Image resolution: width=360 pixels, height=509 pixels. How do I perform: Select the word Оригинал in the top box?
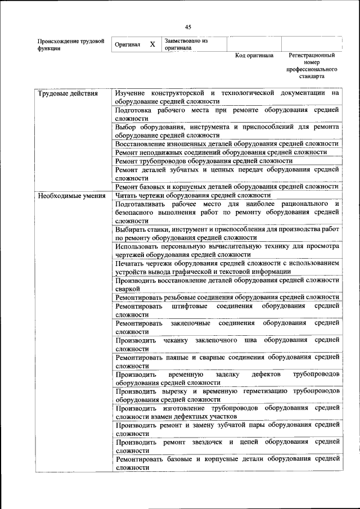(x=127, y=44)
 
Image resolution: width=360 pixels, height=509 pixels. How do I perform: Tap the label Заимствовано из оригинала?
(x=186, y=44)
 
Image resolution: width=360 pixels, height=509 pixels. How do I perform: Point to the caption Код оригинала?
(x=254, y=56)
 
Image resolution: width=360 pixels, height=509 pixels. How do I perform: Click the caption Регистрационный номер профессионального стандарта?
(x=312, y=66)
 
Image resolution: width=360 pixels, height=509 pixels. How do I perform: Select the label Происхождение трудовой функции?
(x=71, y=44)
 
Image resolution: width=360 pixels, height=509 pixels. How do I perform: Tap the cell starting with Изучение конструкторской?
(x=227, y=97)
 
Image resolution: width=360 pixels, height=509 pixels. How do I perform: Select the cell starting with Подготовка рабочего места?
(x=227, y=114)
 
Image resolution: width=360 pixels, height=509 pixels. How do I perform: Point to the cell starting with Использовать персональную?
(x=227, y=250)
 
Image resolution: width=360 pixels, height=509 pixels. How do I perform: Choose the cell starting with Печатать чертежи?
(x=227, y=267)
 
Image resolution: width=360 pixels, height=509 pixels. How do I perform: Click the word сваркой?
(x=127, y=289)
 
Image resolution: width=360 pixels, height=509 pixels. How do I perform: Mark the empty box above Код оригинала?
(x=254, y=44)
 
